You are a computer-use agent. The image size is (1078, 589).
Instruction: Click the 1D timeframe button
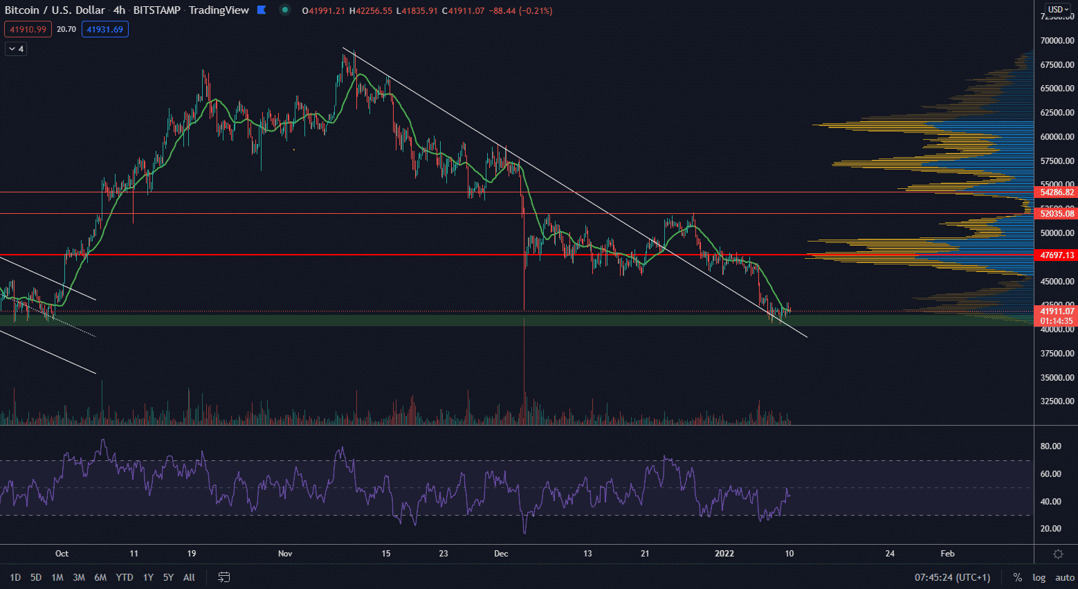pyautogui.click(x=15, y=577)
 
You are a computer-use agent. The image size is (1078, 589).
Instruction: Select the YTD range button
pyautogui.click(x=125, y=577)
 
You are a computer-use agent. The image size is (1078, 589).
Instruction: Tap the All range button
pyautogui.click(x=189, y=577)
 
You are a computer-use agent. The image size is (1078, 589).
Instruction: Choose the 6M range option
pyautogui.click(x=100, y=577)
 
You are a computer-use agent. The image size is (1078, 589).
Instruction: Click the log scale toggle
pyautogui.click(x=1039, y=577)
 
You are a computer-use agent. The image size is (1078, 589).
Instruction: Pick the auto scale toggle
pyautogui.click(x=1065, y=577)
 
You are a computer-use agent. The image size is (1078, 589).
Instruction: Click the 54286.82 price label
pyautogui.click(x=1057, y=192)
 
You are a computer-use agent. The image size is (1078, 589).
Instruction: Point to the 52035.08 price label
pyautogui.click(x=1057, y=214)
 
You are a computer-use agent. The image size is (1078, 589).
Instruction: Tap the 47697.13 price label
pyautogui.click(x=1057, y=255)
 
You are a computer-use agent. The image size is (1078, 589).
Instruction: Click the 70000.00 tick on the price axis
pyautogui.click(x=1057, y=41)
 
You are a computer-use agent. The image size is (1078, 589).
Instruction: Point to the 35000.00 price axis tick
pyautogui.click(x=1057, y=378)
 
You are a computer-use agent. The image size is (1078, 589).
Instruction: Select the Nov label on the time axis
pyautogui.click(x=285, y=554)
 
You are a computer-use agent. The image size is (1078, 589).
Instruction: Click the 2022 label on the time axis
pyautogui.click(x=724, y=554)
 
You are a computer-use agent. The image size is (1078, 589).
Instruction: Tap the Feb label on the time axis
pyautogui.click(x=947, y=554)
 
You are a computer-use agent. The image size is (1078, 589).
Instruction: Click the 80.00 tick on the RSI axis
pyautogui.click(x=1050, y=446)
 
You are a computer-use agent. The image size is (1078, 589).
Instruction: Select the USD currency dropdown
pyautogui.click(x=1058, y=10)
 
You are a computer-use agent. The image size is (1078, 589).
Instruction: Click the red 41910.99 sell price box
pyautogui.click(x=28, y=30)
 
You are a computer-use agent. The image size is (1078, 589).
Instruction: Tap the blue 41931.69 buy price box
pyautogui.click(x=104, y=30)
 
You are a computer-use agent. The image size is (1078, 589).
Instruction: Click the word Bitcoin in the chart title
pyautogui.click(x=21, y=10)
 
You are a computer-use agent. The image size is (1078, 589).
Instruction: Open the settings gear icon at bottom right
pyautogui.click(x=1058, y=554)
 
